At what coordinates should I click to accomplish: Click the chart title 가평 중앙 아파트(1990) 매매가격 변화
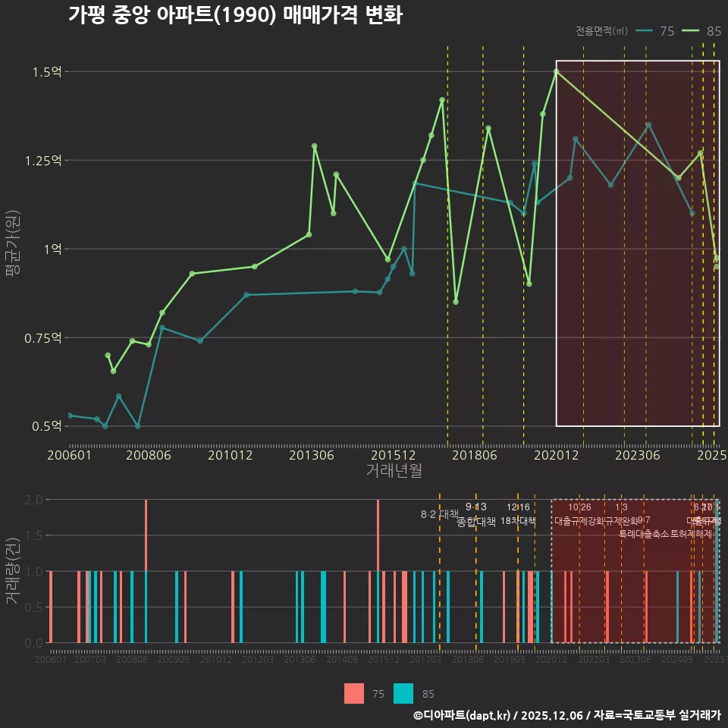235,15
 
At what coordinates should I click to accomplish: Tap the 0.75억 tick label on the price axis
44,337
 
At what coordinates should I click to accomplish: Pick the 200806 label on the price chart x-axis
148,456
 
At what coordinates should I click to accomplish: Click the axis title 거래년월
394,471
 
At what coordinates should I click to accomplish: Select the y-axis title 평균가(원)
13,248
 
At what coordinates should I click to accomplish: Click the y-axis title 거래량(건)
13,571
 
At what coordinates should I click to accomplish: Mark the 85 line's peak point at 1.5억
556,71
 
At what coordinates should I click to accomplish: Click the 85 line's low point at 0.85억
456,302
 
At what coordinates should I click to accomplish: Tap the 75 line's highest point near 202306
648,124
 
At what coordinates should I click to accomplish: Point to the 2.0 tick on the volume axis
33,500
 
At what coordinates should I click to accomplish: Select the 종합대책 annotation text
476,522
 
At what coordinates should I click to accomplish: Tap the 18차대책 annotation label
519,521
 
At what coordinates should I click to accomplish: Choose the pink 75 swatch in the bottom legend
353,694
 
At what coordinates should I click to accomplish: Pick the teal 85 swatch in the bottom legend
403,694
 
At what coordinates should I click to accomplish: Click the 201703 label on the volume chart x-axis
425,660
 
